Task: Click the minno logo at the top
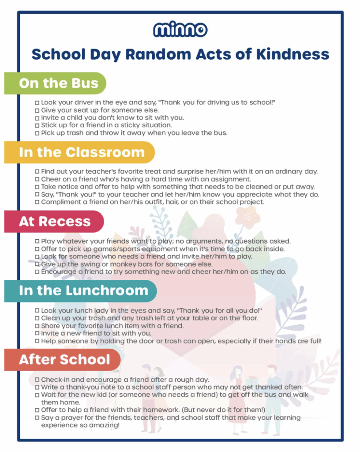180,30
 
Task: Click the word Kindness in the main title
293,54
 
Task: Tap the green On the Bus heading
59,83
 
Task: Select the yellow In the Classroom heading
82,152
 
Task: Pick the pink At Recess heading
55,221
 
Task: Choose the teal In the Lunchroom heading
83,290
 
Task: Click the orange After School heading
64,359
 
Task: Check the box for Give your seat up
37,110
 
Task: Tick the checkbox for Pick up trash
37,133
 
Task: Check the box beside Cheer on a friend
37,180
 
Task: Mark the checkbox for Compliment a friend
37,203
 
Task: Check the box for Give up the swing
37,264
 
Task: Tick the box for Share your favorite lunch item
37,326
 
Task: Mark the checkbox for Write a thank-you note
37,388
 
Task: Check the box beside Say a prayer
37,418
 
